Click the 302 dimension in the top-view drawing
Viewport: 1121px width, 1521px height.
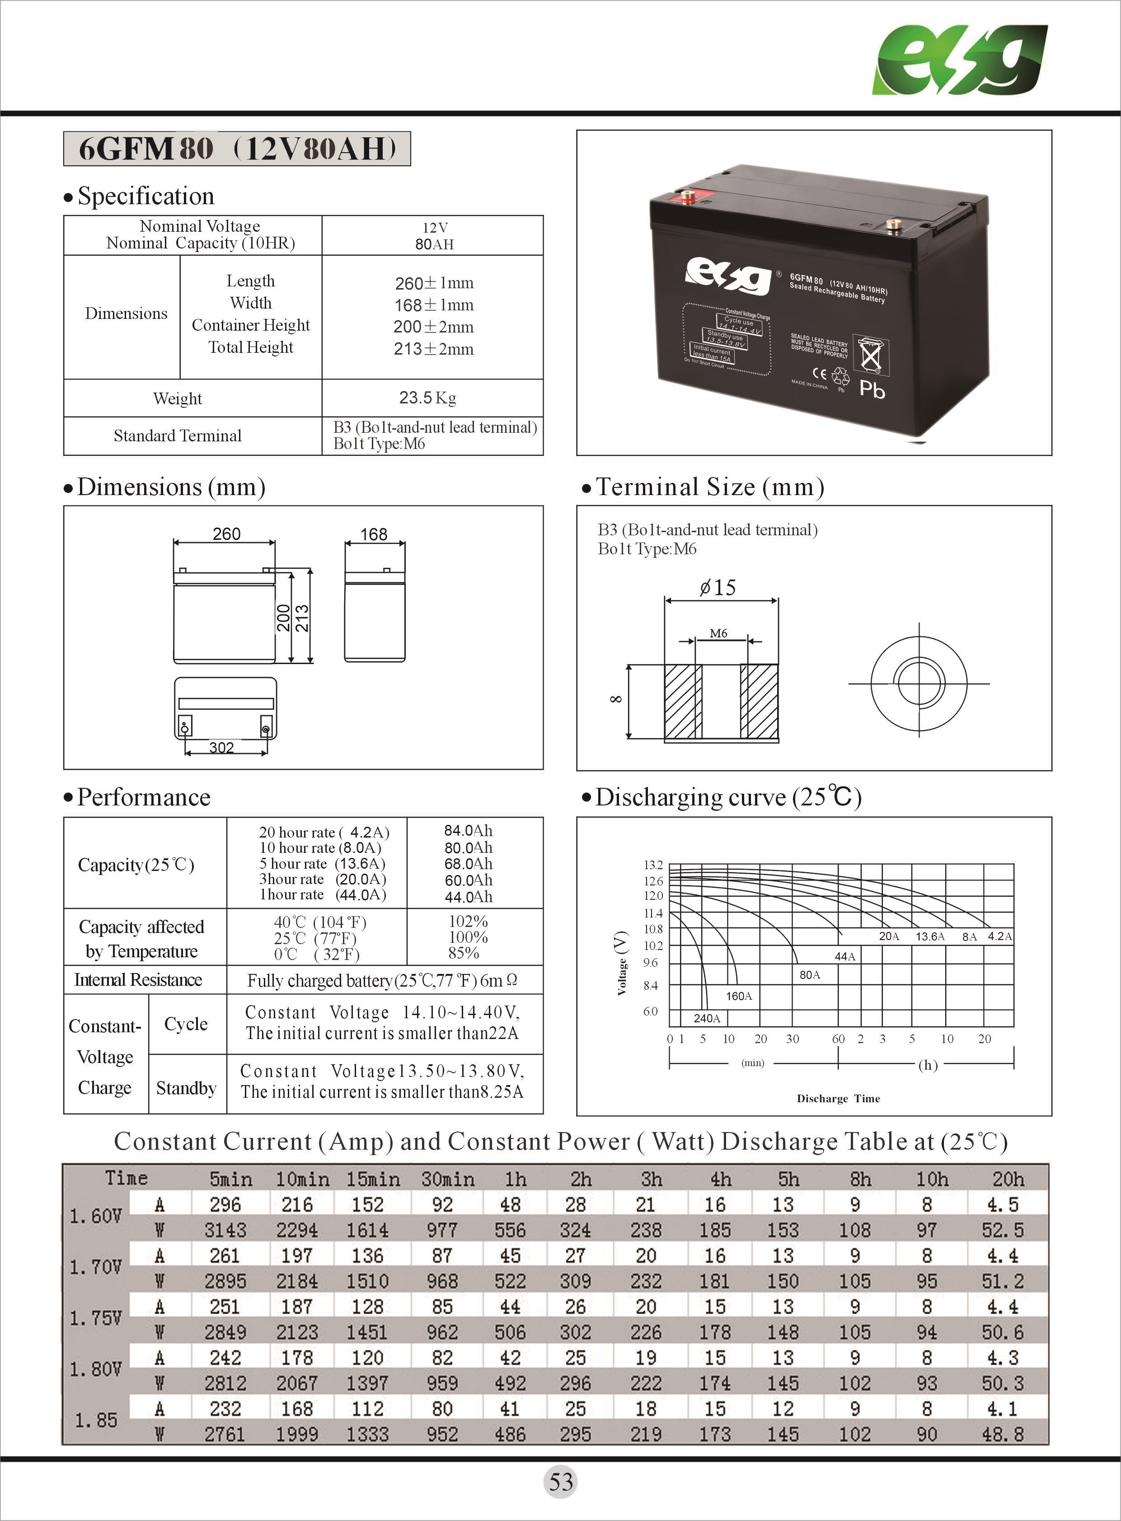(x=221, y=748)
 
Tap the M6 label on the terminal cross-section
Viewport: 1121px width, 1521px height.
(x=718, y=633)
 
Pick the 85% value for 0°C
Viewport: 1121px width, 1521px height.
(x=464, y=953)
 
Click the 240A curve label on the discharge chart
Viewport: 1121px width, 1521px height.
(x=706, y=1018)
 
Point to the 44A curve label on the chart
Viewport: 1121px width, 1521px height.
(x=845, y=957)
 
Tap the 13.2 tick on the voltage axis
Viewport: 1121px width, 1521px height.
(x=653, y=865)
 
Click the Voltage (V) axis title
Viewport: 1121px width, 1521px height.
(x=621, y=964)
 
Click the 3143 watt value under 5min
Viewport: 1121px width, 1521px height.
(x=225, y=1230)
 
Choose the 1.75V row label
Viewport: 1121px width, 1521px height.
(x=96, y=1319)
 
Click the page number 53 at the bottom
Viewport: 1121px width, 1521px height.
(x=560, y=1482)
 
